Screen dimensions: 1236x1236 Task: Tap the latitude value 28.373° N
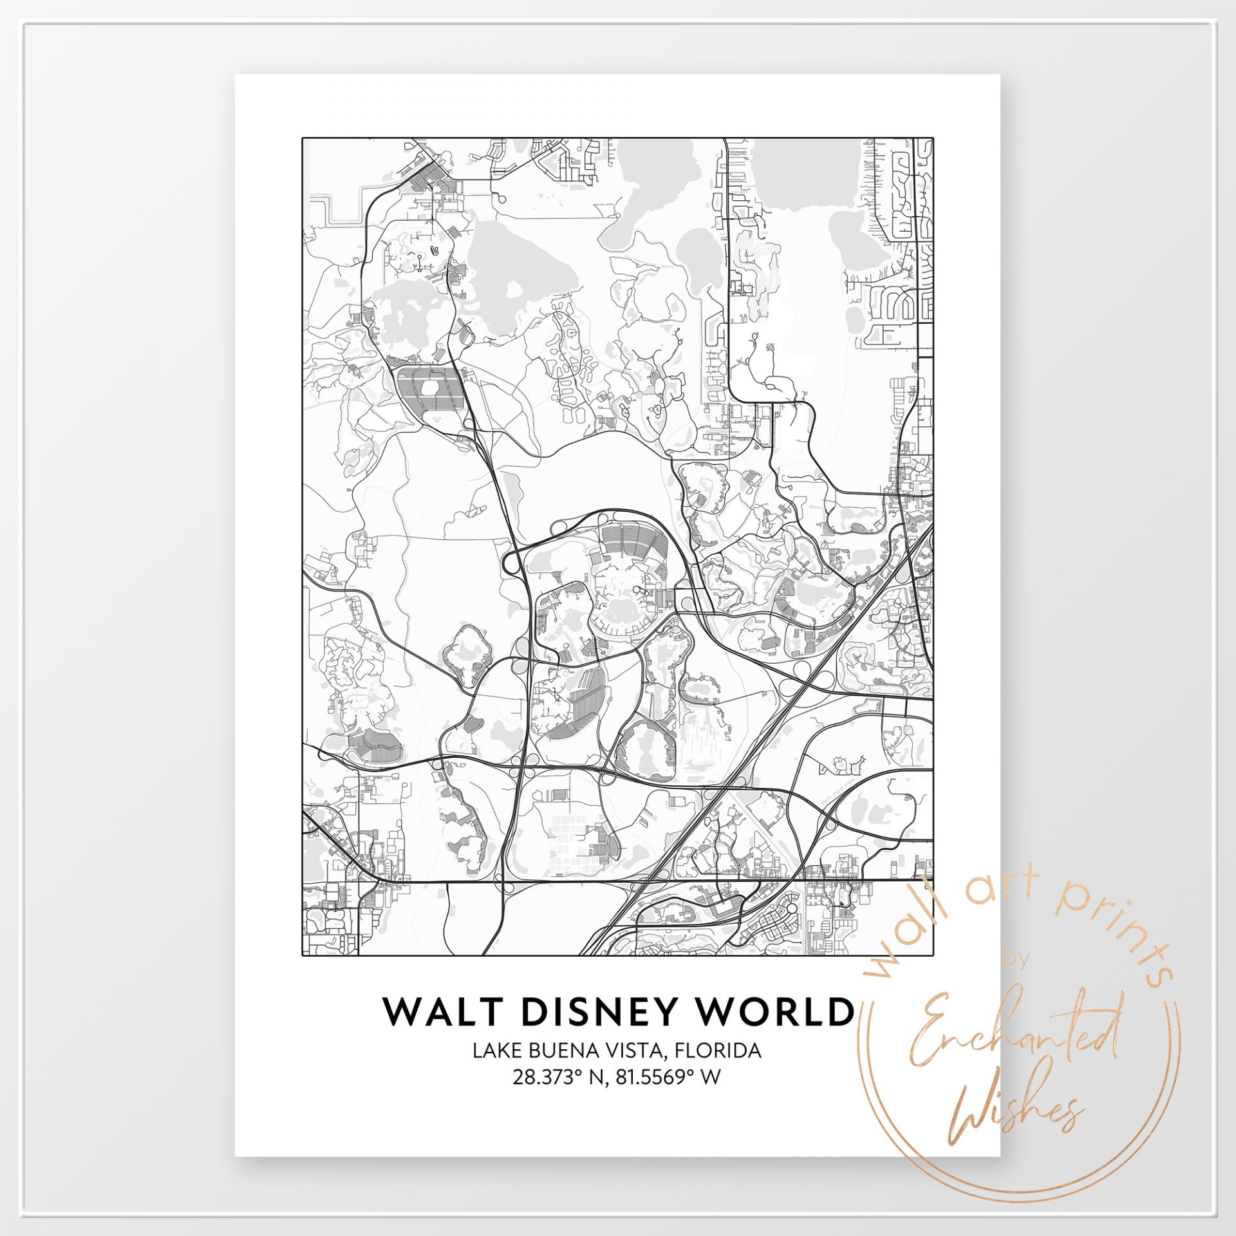click(x=559, y=1077)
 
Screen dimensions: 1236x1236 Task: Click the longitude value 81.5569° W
click(x=668, y=1077)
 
